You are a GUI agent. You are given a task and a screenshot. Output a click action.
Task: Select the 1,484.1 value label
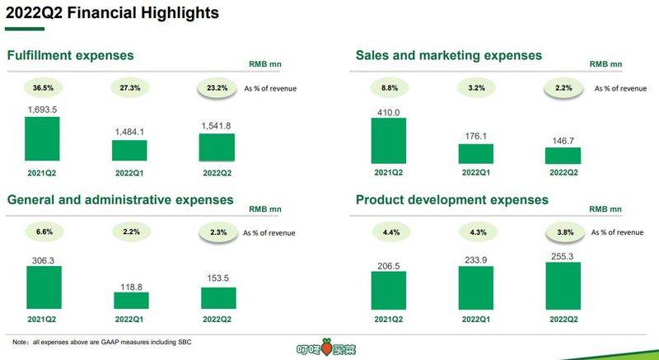coord(130,132)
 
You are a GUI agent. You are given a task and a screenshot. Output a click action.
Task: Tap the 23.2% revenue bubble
coord(217,86)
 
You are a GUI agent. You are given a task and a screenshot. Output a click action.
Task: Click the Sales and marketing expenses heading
coord(449,55)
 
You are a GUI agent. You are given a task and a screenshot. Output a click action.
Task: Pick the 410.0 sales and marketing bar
coord(389,140)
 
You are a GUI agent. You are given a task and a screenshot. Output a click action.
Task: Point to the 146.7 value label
coord(563,141)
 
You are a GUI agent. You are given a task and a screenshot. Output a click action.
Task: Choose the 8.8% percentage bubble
coord(389,86)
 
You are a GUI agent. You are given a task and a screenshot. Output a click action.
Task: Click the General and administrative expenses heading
coord(120,199)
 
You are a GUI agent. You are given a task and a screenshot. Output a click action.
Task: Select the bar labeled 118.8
coord(130,299)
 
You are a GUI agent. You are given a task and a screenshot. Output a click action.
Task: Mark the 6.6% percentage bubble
coord(43,232)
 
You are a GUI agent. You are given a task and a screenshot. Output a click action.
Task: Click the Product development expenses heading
coord(452,199)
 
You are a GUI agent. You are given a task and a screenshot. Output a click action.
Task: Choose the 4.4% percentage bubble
coord(389,232)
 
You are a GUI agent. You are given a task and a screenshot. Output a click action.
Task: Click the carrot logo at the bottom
coord(330,348)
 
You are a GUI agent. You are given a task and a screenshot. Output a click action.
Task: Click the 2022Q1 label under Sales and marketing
coord(476,172)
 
